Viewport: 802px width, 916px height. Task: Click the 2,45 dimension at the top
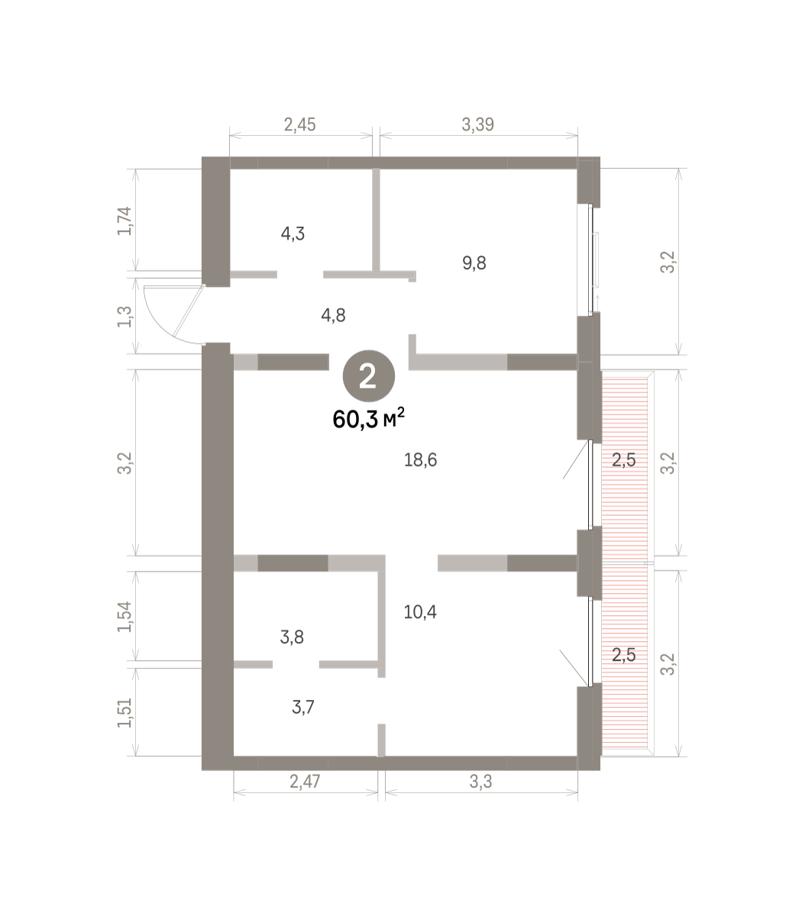click(299, 124)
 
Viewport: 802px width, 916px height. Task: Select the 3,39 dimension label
click(477, 124)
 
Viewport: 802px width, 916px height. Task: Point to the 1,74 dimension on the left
click(125, 221)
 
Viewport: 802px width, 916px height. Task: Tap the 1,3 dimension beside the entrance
click(125, 317)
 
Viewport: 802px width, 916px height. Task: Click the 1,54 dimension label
click(125, 617)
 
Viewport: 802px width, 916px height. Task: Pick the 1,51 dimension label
click(125, 713)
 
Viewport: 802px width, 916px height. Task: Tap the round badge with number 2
click(368, 376)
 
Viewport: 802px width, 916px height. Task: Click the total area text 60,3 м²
click(368, 419)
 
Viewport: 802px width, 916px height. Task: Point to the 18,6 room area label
click(420, 460)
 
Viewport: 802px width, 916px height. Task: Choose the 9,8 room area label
click(474, 263)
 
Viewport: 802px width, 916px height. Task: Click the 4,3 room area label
click(293, 234)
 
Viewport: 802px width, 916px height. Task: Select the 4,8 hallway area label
click(333, 315)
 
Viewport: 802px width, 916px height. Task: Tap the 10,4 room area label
click(420, 611)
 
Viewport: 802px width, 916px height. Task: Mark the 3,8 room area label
click(292, 637)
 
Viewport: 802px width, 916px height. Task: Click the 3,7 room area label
click(303, 708)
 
